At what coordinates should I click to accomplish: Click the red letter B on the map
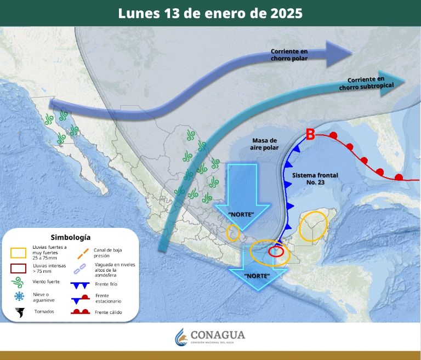pyautogui.click(x=310, y=134)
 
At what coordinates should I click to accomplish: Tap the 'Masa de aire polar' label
pyautogui.click(x=265, y=144)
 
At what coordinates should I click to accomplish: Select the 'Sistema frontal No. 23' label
pyautogui.click(x=315, y=178)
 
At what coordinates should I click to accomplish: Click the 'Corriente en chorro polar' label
pyautogui.click(x=289, y=55)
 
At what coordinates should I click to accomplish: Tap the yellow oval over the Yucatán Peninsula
pyautogui.click(x=313, y=226)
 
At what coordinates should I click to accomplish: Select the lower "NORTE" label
pyautogui.click(x=257, y=275)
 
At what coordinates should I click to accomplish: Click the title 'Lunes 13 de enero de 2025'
pyautogui.click(x=210, y=14)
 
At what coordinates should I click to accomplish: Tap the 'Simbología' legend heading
pyautogui.click(x=70, y=237)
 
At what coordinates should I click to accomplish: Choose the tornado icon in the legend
pyautogui.click(x=20, y=313)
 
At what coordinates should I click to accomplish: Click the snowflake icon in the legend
pyautogui.click(x=20, y=296)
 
